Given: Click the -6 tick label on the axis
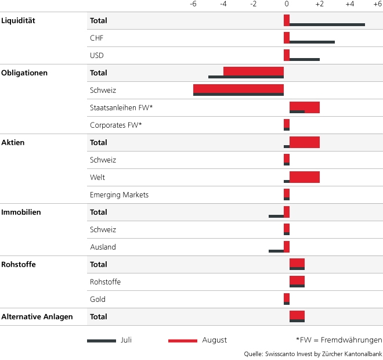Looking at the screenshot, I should coord(193,4).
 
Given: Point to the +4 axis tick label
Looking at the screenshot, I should coord(349,4).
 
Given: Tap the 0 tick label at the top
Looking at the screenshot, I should coord(286,4).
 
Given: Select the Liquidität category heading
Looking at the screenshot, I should coord(19,21).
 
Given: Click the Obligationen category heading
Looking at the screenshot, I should coord(24,73).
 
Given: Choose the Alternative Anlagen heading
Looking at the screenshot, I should coord(37,317).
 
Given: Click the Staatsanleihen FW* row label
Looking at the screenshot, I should coord(121,108).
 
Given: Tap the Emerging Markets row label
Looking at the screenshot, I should coord(119,195).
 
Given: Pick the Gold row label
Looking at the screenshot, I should coord(97,300).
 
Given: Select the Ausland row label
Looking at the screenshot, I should coord(103,247).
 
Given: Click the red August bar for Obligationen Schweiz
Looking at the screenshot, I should coord(238,88).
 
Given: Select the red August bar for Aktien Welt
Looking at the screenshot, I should coord(304,175).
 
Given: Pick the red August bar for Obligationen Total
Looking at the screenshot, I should coord(253,71).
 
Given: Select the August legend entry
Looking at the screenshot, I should coord(197,340).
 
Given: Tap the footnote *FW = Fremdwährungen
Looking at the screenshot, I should coord(339,340).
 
